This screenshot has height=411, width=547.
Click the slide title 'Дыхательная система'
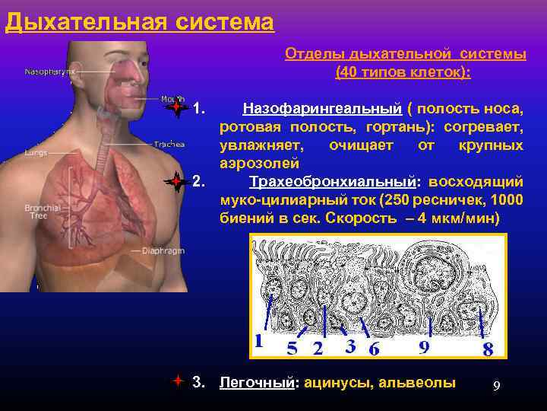pos(139,21)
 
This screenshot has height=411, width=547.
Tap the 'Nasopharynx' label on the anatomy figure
pos(50,72)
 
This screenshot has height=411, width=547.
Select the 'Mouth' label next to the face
pos(172,98)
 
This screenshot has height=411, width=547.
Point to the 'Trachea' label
pos(169,143)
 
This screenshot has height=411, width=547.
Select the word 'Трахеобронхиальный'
pos(333,182)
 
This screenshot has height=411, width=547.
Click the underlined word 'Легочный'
pos(256,383)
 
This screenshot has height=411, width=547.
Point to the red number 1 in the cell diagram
pos(260,342)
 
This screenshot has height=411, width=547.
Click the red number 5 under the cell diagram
pos(292,349)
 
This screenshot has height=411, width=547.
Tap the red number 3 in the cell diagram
pos(350,346)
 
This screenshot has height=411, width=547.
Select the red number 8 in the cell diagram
pos(488,349)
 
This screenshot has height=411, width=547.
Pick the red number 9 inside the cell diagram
pos(425,347)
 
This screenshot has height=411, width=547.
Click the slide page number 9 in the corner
pos(496,386)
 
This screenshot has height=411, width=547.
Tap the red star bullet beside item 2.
pos(176,182)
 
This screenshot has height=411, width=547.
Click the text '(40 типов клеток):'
pos(403,72)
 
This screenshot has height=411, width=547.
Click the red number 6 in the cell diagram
pos(375,349)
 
